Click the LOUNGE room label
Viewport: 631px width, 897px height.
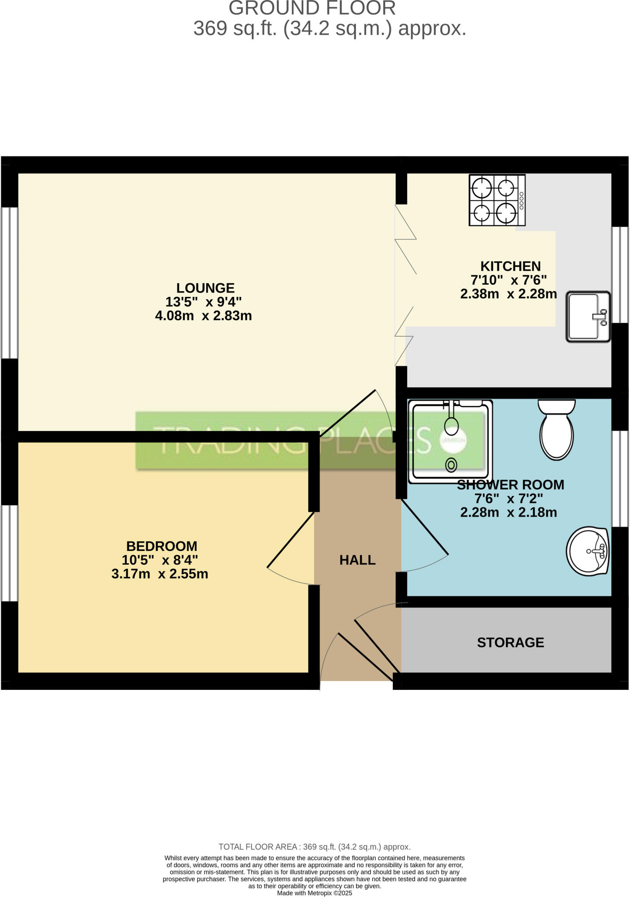(x=205, y=288)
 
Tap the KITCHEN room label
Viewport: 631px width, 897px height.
(x=510, y=266)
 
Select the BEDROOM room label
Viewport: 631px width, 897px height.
(x=162, y=546)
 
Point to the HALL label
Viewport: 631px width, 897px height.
(x=357, y=560)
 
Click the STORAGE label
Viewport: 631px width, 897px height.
(x=510, y=642)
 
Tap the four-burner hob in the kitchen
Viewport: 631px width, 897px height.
(x=497, y=200)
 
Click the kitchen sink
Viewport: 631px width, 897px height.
(x=588, y=316)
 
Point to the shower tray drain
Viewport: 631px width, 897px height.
(x=451, y=465)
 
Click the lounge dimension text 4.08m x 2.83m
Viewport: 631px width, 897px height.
(x=204, y=315)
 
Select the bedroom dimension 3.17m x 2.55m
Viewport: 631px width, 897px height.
(x=160, y=574)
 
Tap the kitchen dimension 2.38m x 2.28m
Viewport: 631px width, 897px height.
(x=508, y=294)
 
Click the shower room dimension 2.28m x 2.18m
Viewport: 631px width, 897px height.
(x=508, y=512)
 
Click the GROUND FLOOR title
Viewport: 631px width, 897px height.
(x=312, y=9)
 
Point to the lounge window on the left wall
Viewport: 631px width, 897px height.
(x=9, y=283)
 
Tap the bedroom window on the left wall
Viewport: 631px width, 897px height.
(x=9, y=553)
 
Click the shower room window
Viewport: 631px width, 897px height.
(x=620, y=478)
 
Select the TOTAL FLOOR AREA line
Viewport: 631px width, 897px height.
(x=314, y=847)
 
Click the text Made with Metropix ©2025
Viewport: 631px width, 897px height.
(x=314, y=893)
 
